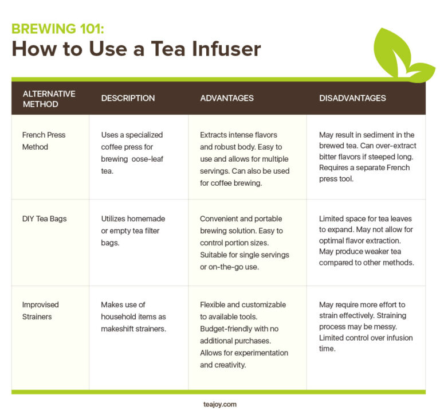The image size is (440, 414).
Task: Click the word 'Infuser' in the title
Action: (x=222, y=49)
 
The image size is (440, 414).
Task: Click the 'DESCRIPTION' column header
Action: (x=128, y=98)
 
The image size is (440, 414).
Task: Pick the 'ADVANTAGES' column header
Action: (x=226, y=98)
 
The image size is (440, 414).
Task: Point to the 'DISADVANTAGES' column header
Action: (x=352, y=98)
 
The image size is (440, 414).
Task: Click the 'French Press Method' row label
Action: (x=44, y=140)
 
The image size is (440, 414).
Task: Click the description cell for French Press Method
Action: (x=132, y=153)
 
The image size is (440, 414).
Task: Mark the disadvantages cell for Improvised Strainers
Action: (x=366, y=326)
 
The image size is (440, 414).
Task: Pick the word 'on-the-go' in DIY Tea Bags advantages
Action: (x=225, y=266)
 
